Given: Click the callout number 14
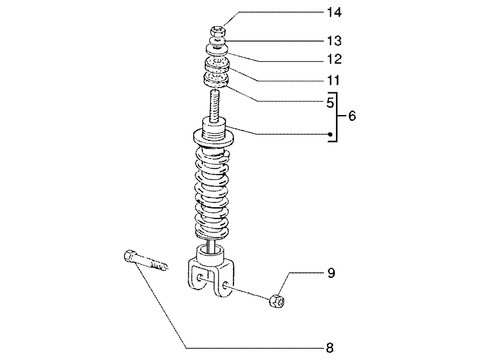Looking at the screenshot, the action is [334, 13].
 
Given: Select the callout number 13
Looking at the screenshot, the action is [334, 41].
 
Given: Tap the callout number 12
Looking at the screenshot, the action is [334, 59].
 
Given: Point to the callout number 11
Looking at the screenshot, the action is [334, 80].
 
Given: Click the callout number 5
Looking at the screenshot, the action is [330, 103].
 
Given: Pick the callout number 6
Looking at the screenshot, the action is [352, 116].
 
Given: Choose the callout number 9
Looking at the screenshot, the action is [331, 273].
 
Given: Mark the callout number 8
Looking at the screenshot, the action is [330, 348].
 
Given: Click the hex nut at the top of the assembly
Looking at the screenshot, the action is [218, 31].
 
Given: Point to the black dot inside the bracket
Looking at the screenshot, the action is [330, 134].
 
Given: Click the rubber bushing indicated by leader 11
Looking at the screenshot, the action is [217, 64].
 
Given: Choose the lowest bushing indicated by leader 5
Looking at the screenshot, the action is [217, 79].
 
